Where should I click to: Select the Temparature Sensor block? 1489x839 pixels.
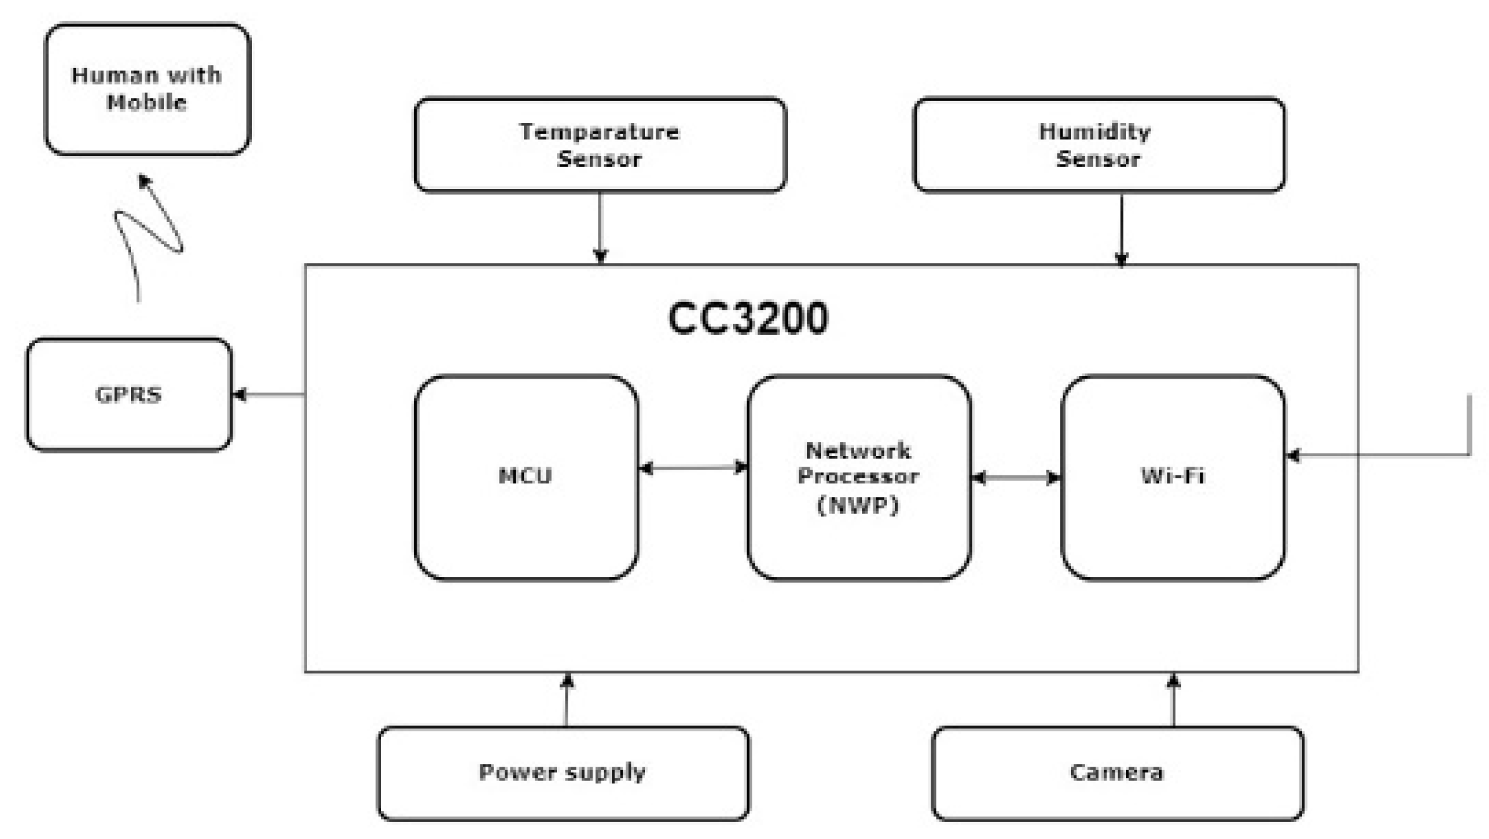coord(599,145)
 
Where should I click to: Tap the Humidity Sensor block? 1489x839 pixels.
coord(1099,145)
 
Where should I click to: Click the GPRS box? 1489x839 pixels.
coord(129,394)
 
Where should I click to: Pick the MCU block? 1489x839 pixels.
coord(526,477)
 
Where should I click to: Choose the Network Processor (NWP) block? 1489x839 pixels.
coord(858,477)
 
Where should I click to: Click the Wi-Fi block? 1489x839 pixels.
coord(1172,477)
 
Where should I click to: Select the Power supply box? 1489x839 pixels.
coord(563,773)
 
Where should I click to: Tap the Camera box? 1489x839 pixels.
coord(1117,773)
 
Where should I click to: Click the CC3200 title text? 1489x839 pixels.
coord(747,318)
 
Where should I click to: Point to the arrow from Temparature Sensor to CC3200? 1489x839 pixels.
coord(599,228)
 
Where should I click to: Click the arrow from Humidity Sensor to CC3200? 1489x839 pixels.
coord(1121,228)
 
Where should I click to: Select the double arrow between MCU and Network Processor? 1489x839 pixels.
coord(692,467)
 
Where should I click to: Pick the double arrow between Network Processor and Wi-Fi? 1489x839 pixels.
coord(1016,478)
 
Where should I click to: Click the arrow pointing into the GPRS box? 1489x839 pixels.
coord(268,394)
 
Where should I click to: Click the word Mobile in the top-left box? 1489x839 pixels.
coord(147,102)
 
